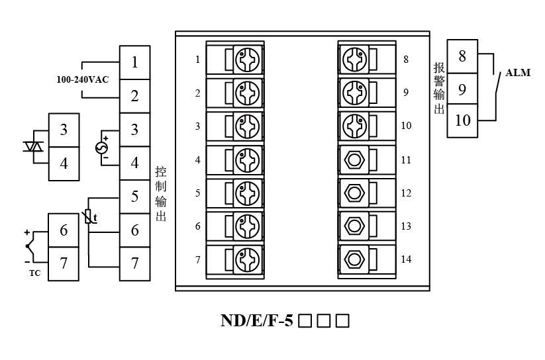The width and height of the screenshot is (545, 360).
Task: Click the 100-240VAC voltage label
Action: tap(83, 79)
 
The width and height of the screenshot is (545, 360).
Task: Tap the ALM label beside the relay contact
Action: tap(518, 73)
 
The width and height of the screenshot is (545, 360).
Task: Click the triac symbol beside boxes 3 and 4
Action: tap(32, 146)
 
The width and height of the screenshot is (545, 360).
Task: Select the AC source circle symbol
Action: tap(103, 147)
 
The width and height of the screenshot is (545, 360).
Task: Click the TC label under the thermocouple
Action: tap(34, 272)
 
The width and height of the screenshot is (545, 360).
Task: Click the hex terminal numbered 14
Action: tap(355, 258)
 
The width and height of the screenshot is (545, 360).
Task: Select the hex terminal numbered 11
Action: tap(355, 159)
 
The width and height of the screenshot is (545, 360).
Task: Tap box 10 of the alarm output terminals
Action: tap(462, 120)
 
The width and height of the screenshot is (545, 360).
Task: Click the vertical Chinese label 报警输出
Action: tap(438, 88)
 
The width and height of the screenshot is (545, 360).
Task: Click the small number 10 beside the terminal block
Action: tap(407, 125)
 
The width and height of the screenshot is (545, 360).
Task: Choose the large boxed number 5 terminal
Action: tap(134, 197)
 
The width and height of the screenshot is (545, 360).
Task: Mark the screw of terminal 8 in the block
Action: tap(355, 60)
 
